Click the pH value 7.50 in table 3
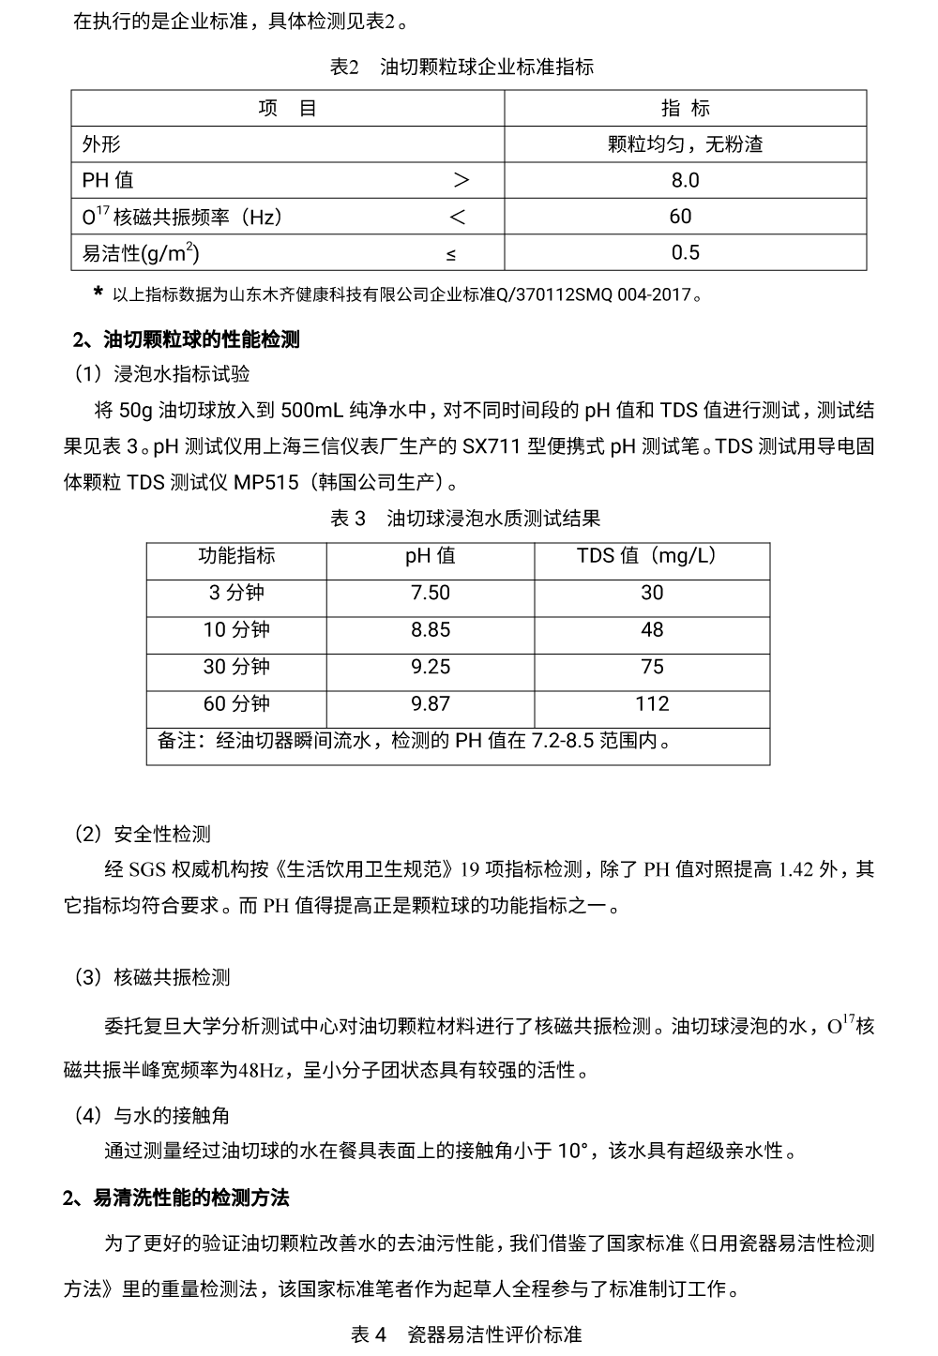coord(430,593)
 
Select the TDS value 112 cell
coord(652,703)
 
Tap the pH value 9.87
coord(430,703)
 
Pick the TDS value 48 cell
coord(652,629)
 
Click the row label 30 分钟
coord(236,667)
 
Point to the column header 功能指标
coord(236,555)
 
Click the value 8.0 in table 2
coord(685,180)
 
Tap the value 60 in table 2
coord(680,217)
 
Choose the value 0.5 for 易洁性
coord(685,252)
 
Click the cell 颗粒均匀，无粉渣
coord(685,144)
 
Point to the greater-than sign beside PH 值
coord(461,180)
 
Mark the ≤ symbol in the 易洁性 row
coord(452,254)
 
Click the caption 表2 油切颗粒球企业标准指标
coord(461,68)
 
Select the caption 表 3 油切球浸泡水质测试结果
coord(465,519)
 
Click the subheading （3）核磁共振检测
coord(152,977)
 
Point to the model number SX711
coord(487,446)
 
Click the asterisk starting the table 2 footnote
coord(98,294)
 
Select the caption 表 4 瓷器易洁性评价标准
coord(466,1334)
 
